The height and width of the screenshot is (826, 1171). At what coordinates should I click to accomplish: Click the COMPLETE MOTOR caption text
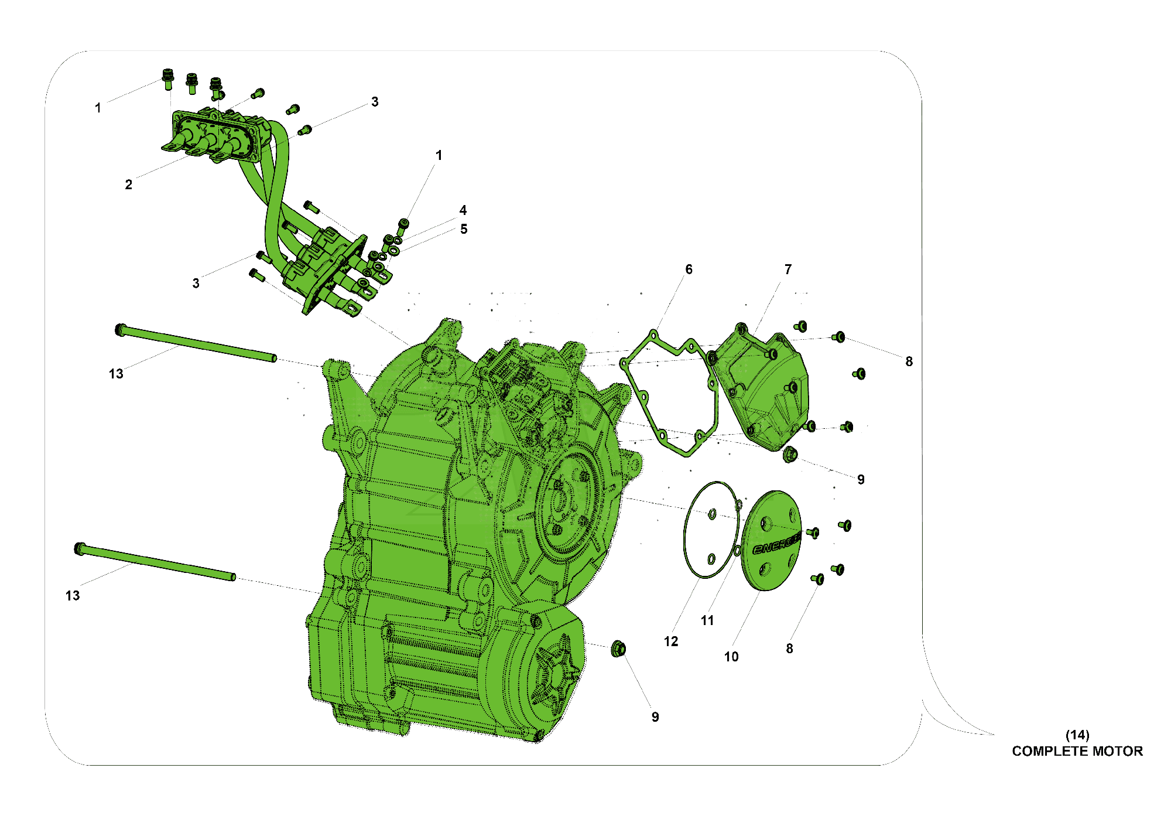1077,751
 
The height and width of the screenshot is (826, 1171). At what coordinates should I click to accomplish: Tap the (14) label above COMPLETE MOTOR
1077,735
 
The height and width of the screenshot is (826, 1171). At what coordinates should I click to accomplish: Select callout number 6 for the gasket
689,269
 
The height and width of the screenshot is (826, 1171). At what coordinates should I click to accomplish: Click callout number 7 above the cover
788,269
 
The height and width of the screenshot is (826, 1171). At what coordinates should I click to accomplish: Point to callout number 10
731,657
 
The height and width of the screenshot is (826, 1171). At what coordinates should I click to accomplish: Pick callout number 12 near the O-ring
671,641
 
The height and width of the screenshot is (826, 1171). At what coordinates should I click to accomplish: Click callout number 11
707,620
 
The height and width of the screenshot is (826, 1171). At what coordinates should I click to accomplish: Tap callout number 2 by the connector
129,185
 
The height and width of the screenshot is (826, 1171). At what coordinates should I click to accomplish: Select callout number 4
463,210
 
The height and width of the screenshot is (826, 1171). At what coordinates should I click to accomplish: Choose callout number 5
464,229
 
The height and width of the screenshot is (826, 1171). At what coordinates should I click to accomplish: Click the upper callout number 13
116,374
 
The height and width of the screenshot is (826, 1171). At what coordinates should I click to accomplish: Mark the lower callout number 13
73,596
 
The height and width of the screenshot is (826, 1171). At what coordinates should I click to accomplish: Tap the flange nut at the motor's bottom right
618,648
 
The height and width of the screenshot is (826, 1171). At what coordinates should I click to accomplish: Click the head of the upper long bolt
120,329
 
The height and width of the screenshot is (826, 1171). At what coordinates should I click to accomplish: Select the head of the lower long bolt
80,549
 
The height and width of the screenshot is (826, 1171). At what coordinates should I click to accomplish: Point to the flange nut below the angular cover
790,453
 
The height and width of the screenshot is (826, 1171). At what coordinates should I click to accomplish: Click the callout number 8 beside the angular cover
909,361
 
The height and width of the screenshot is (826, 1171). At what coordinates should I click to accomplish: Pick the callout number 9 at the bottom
655,717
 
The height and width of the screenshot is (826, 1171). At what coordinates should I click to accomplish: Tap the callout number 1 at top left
98,108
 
